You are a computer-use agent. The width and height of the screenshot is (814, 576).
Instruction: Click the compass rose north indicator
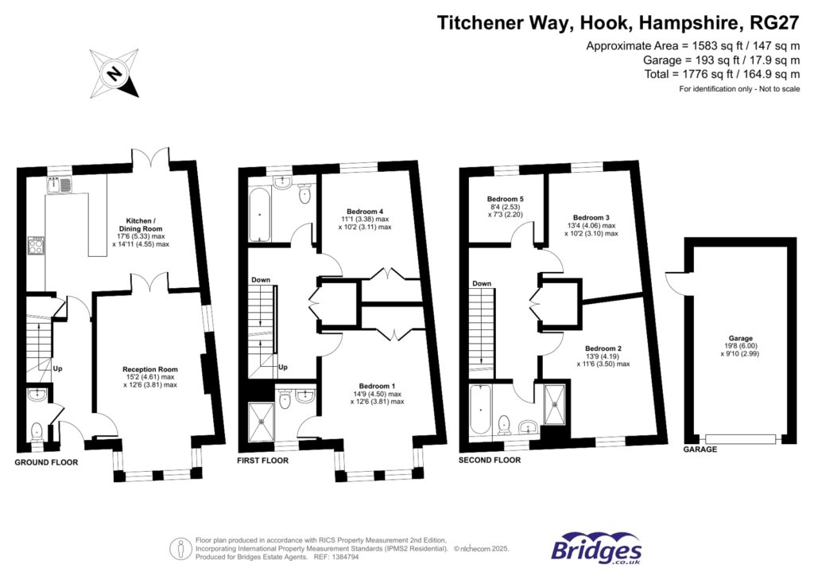[x=115, y=74]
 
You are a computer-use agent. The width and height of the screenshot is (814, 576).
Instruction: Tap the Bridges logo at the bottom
[x=596, y=548]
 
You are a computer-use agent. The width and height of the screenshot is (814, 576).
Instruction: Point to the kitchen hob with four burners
[x=37, y=246]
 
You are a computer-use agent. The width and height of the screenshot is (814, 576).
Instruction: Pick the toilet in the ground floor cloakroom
[x=36, y=431]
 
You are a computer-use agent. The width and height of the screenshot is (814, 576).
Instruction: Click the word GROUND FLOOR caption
[x=47, y=461]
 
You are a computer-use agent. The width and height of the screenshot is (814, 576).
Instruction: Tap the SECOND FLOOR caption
[x=490, y=460]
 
